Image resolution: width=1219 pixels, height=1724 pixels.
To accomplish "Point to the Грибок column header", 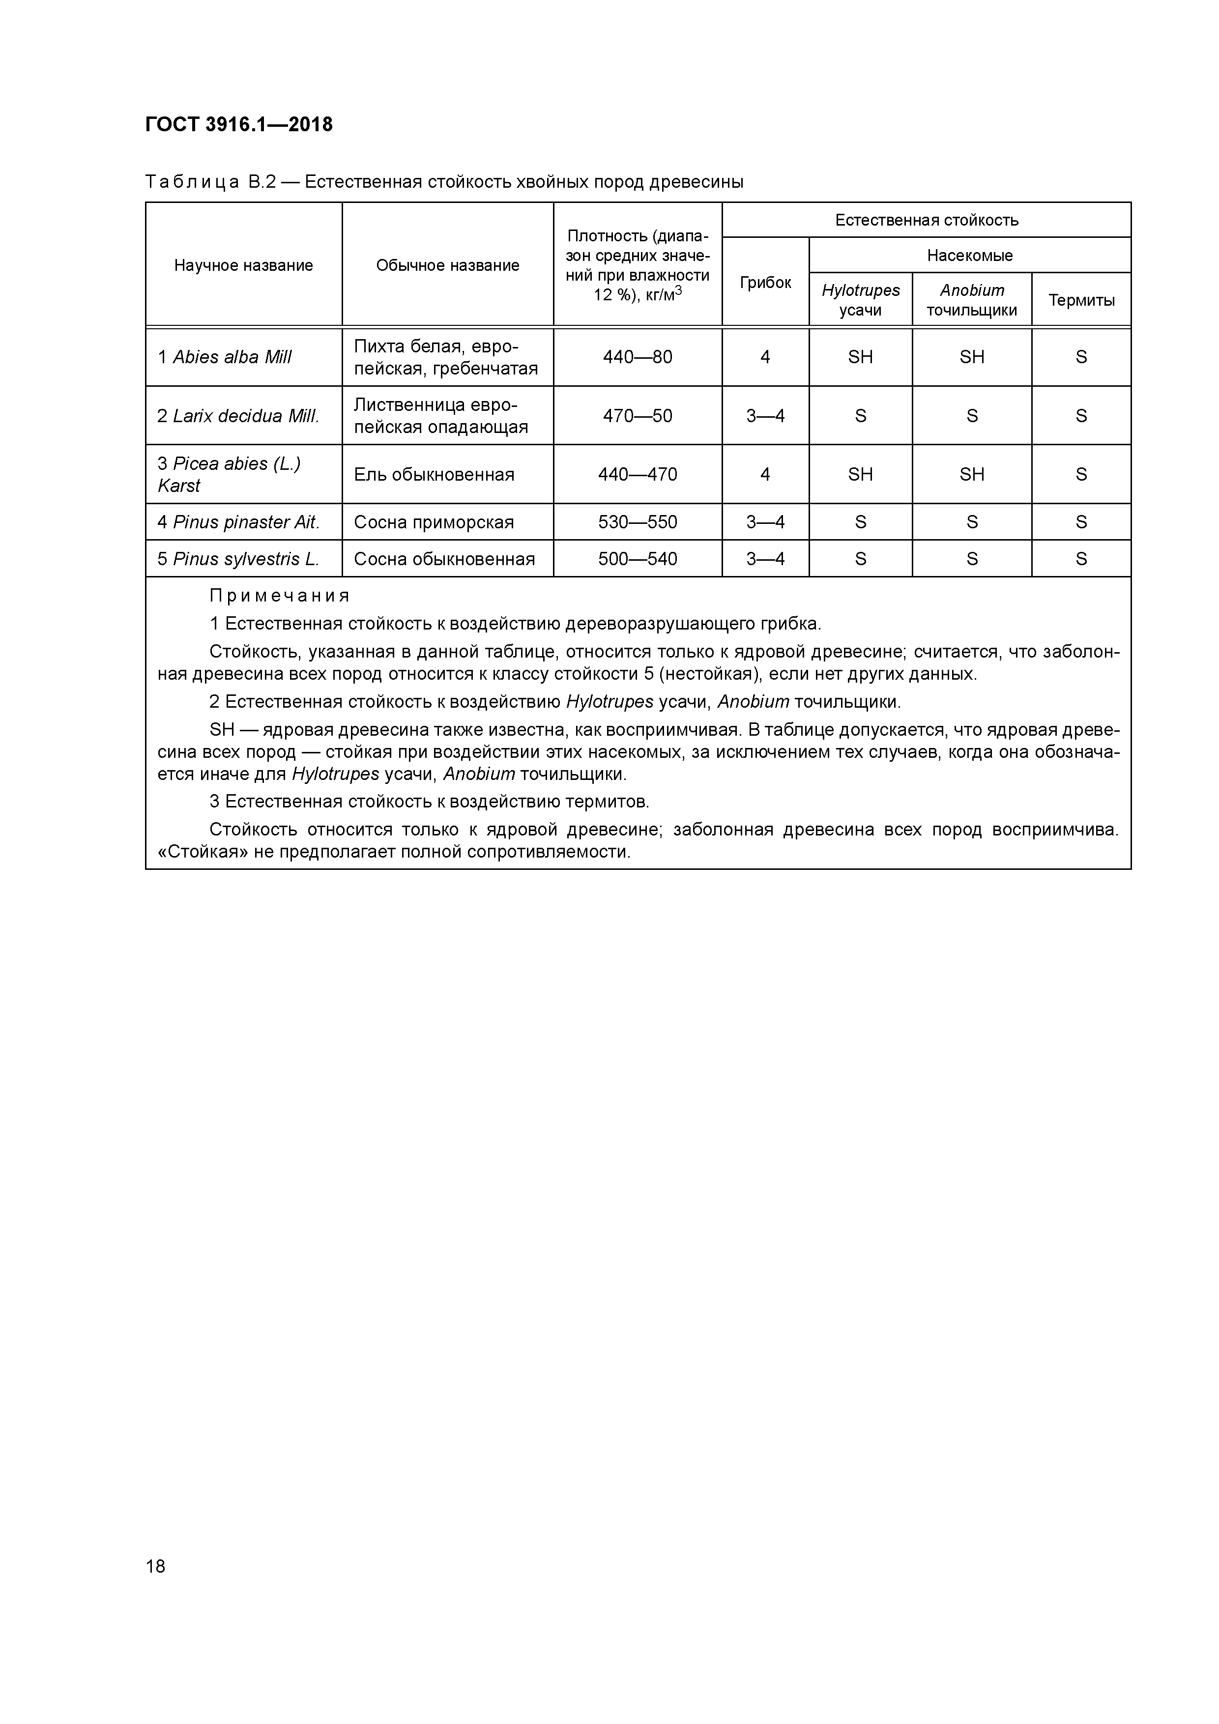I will pos(765,282).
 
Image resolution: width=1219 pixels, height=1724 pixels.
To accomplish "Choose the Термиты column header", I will pos(1081,300).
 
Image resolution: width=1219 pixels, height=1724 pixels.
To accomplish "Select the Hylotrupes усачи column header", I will pos(860,300).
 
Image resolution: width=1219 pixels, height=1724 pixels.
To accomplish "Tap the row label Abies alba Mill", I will pos(225,357).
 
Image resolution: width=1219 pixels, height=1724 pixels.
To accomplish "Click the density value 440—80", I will pos(637,357).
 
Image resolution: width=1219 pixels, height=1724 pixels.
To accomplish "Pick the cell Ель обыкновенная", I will pos(434,475).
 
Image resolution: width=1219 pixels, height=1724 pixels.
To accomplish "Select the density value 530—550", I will pos(637,522).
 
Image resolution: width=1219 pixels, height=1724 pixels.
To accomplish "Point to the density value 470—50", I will pos(637,416).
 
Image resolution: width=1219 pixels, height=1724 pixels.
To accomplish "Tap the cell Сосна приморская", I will pos(434,522).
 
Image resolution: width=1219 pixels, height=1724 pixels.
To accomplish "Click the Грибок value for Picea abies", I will pos(765,475).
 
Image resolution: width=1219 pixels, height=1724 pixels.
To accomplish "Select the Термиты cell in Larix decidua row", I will pos(1081,416).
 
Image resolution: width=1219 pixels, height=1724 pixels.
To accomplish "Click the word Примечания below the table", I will pos(279,596).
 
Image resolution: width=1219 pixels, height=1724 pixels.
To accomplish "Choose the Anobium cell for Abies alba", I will pos(971,357).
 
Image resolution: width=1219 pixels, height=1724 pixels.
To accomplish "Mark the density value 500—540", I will pos(637,559).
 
